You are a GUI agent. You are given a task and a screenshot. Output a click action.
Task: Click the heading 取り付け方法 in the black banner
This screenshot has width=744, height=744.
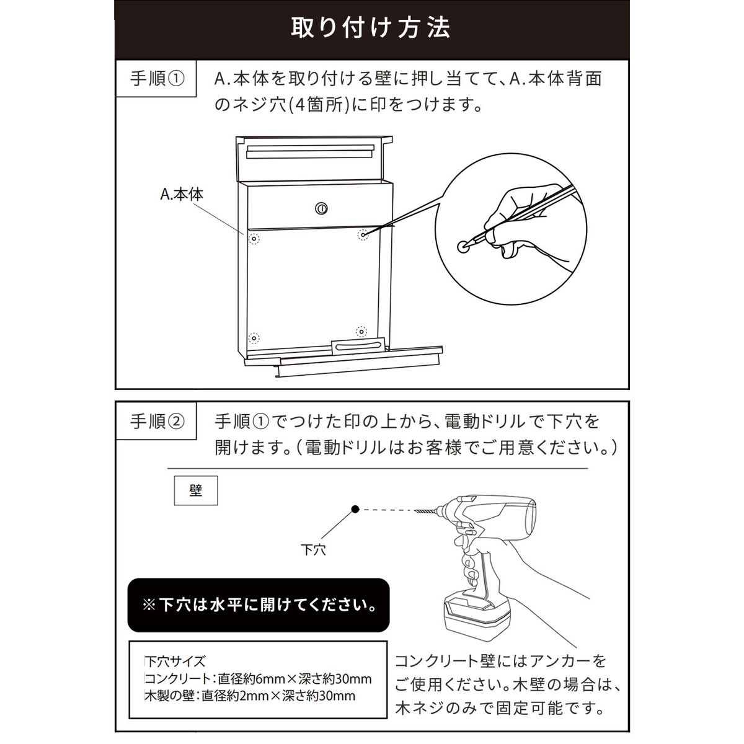[x=370, y=28]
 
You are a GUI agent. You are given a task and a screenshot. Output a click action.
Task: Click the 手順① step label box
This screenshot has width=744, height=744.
[x=156, y=78]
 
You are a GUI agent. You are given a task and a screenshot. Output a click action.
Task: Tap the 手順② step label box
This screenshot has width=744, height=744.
[x=156, y=421]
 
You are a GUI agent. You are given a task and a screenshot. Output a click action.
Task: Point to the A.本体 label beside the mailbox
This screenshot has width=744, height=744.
[x=182, y=194]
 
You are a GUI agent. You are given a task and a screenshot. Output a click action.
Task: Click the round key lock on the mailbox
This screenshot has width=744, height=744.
[x=321, y=208]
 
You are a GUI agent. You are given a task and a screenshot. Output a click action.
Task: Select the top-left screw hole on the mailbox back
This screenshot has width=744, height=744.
[x=254, y=239]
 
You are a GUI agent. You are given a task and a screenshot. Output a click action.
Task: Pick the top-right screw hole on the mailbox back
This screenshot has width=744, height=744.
[x=363, y=234]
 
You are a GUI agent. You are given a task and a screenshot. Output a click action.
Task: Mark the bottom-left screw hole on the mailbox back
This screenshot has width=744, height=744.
[x=254, y=339]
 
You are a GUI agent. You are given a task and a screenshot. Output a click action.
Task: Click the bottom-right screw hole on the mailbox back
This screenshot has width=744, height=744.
[x=361, y=331]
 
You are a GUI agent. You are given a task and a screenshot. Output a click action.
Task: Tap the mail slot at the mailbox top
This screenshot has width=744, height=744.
[x=311, y=152]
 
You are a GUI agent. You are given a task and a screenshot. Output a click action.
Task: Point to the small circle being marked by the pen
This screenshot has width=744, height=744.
[x=464, y=247]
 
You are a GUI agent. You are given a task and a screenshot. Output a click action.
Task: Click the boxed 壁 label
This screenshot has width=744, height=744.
[x=196, y=490]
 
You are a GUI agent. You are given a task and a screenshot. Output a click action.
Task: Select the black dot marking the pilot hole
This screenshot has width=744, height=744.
[x=356, y=509]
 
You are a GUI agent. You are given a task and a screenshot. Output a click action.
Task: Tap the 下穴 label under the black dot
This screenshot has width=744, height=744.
[x=313, y=550]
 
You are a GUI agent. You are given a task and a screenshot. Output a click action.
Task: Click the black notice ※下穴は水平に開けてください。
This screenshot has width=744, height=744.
[x=259, y=605]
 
